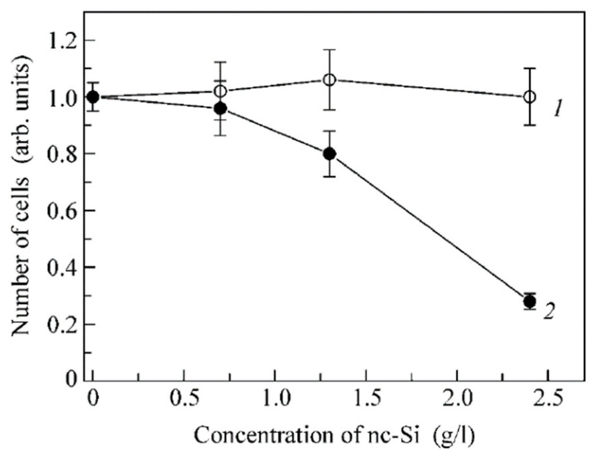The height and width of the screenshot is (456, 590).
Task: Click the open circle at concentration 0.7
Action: point(220,91)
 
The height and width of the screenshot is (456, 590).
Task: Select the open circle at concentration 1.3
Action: point(329,80)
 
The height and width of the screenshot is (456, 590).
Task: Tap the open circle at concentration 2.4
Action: point(530,97)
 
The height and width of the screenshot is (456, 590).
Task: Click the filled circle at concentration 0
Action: point(93,97)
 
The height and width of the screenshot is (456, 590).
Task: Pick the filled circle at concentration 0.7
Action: point(220,108)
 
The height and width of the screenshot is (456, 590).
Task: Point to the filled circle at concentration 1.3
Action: point(329,154)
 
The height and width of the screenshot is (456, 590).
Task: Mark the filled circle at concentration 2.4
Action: point(530,301)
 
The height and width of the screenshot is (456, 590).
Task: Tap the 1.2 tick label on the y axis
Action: point(62,40)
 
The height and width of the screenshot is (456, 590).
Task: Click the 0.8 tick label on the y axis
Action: point(62,154)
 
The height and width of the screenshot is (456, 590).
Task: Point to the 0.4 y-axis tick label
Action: point(62,268)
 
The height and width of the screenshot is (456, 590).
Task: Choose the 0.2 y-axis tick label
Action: point(62,325)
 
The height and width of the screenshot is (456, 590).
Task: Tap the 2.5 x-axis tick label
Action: point(548,398)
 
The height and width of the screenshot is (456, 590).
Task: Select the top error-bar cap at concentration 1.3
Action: point(329,50)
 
